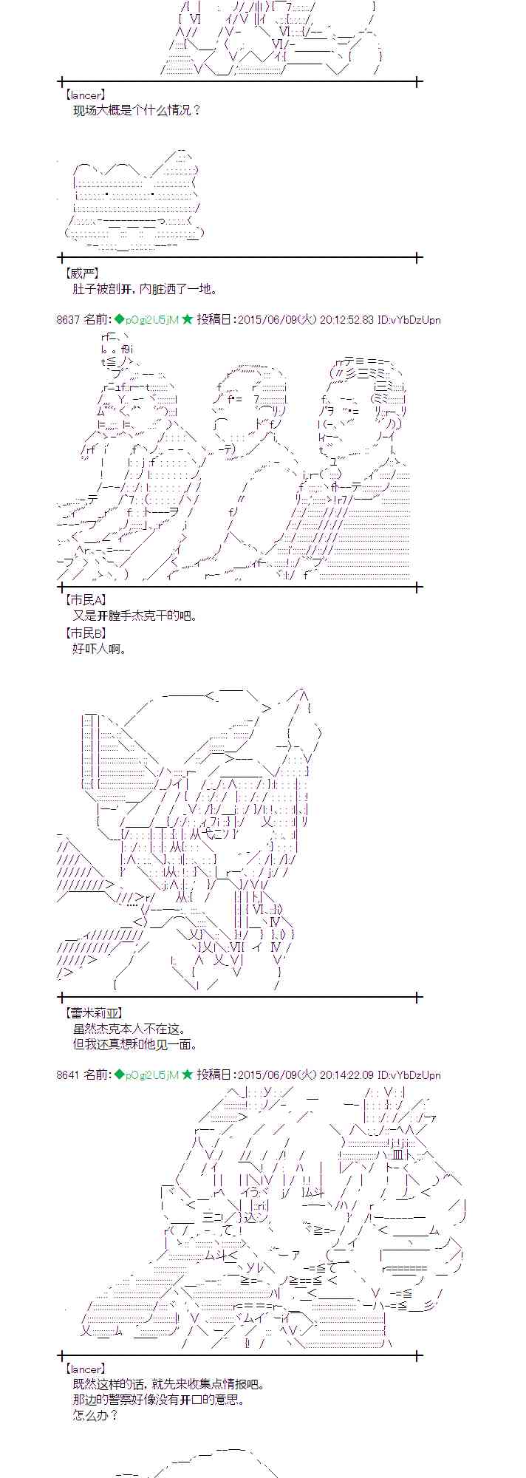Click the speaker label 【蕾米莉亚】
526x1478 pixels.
(93, 1013)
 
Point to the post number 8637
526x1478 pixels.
(67, 319)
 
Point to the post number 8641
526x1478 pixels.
(67, 1075)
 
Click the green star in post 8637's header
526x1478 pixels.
(187, 319)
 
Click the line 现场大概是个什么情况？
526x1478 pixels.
(137, 110)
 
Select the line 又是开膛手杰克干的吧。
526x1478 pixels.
(135, 616)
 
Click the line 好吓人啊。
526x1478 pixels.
(100, 649)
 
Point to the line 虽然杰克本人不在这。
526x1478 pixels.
(129, 1029)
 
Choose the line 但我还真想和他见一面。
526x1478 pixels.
(135, 1045)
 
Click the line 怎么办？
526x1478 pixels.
(95, 1416)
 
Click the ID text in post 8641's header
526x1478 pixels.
(409, 1075)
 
